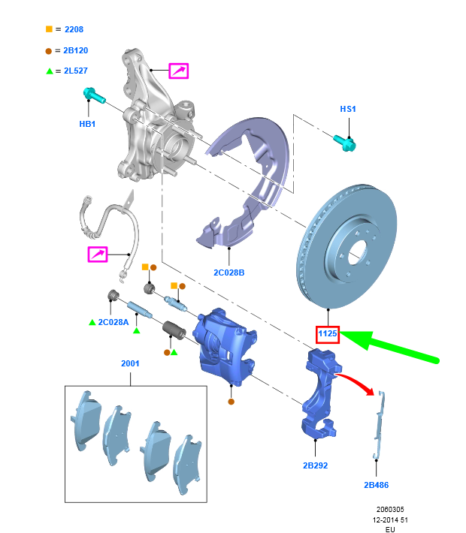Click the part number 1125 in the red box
click(x=328, y=333)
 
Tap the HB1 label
click(x=88, y=124)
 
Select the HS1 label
click(x=348, y=109)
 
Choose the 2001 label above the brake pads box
click(x=130, y=363)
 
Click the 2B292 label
click(x=315, y=465)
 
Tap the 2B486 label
click(x=376, y=485)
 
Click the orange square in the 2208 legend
click(x=49, y=29)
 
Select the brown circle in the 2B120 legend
click(x=49, y=50)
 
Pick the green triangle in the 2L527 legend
click(x=49, y=71)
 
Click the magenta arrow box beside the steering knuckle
click(x=178, y=71)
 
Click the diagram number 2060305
click(x=390, y=508)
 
